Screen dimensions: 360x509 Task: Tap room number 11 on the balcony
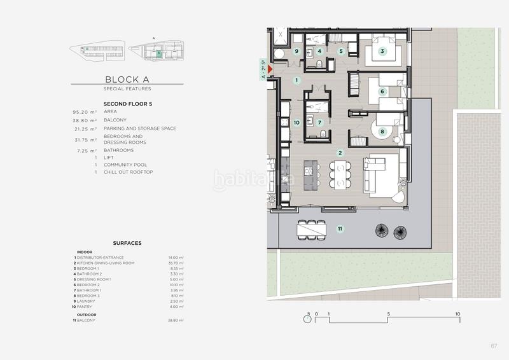coord(340,228)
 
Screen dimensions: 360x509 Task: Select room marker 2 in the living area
coord(340,153)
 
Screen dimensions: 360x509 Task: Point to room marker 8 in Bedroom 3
coord(382,132)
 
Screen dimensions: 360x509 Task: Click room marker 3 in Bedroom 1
coord(382,52)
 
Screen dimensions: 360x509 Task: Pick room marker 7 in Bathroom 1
coord(320,122)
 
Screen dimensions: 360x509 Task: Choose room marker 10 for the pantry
coord(296,122)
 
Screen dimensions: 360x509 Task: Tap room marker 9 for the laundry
coord(296,52)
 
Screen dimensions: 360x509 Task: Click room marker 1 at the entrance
coord(296,81)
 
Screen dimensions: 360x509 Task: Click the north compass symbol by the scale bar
coord(308,319)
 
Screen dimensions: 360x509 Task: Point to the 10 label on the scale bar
coord(457,314)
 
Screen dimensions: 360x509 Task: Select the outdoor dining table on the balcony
coord(312,229)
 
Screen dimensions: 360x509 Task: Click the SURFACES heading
coord(127,243)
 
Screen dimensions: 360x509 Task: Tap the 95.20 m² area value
coord(85,111)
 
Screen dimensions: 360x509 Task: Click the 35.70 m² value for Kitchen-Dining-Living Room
coord(176,263)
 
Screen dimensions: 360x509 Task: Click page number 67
coord(494,345)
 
